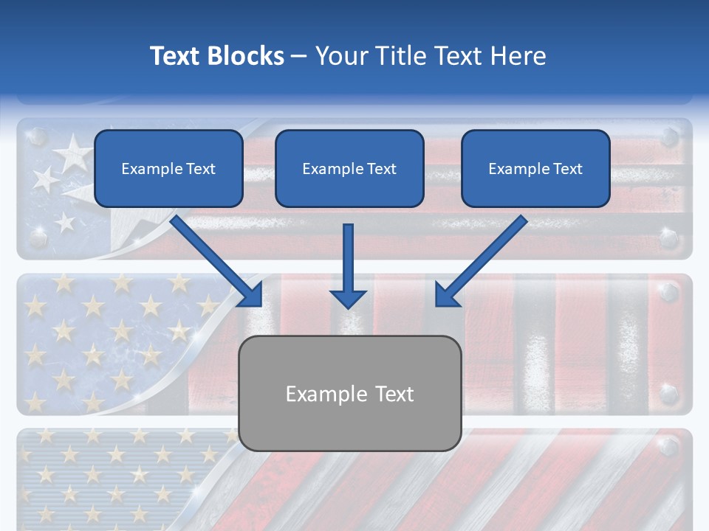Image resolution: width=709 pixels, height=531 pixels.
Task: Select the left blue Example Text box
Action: coord(168,169)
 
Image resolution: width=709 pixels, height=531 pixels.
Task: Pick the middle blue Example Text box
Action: coord(349,169)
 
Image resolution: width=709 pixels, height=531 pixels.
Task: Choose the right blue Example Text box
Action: coord(535,169)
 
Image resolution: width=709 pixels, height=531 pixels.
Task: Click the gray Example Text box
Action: coord(350,394)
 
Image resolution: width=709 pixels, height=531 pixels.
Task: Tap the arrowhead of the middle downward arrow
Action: coord(349,298)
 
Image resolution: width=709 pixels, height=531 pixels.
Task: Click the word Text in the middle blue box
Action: coord(381,169)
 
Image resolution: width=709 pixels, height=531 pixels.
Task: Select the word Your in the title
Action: coord(340,56)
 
